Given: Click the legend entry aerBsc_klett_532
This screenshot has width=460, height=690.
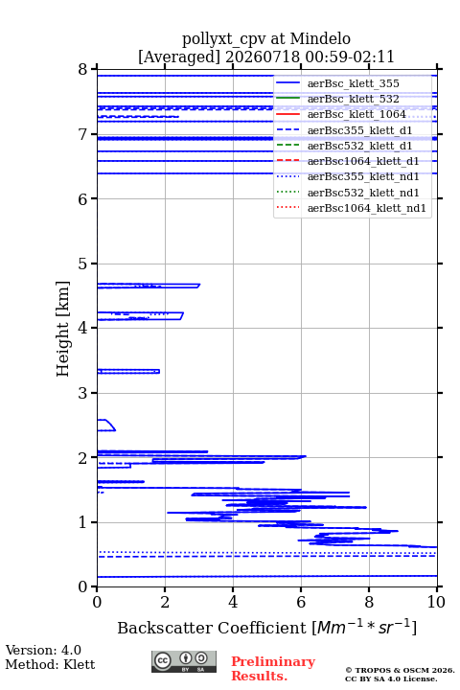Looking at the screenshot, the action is [353, 99].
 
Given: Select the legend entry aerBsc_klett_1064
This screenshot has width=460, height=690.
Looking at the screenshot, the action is [356, 114].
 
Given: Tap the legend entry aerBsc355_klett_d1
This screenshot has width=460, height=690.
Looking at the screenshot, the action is [359, 130].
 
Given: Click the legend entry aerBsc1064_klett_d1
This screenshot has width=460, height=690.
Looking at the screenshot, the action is [363, 161].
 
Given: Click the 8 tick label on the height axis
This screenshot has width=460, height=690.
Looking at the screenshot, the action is [82, 69].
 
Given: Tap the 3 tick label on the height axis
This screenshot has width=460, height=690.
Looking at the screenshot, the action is [82, 393].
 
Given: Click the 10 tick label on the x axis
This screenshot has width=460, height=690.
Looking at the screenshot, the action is [436, 602].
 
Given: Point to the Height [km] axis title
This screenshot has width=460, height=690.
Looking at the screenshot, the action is [63, 329].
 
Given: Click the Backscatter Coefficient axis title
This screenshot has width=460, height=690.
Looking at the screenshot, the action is [266, 627].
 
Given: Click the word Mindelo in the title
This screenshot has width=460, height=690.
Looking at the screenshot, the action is [320, 38].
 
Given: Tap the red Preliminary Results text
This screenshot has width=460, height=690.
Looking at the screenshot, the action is [273, 669].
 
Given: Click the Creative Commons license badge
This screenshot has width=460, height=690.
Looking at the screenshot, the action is [184, 661].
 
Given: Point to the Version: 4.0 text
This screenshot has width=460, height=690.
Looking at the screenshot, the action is [43, 650].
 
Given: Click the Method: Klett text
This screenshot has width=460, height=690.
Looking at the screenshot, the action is [50, 664].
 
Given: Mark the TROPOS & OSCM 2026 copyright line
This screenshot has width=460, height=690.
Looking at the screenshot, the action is [400, 670].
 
